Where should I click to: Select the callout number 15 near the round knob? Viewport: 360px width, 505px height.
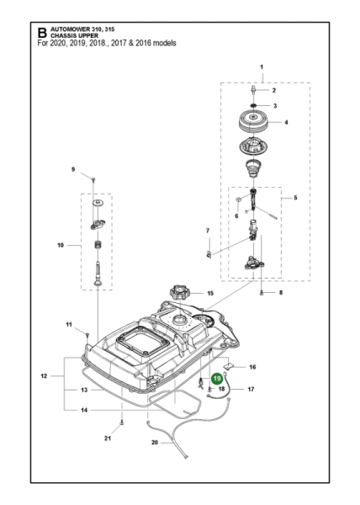(x=211, y=294)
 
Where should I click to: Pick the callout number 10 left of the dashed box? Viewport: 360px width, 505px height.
(x=60, y=247)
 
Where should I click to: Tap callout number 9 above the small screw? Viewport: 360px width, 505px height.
(x=73, y=170)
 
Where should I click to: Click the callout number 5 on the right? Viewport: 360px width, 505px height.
(x=294, y=198)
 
